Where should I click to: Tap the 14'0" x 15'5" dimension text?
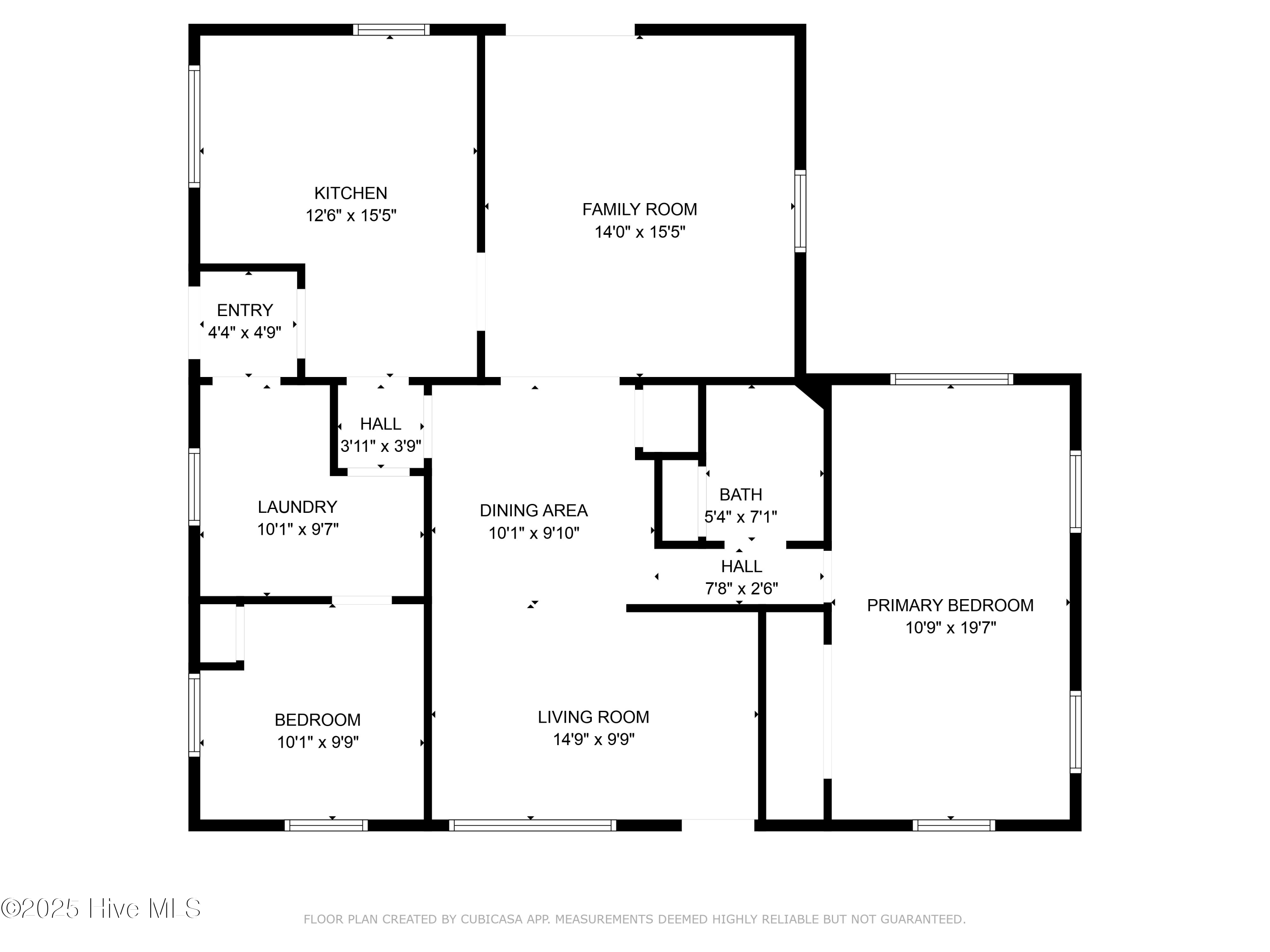pos(640,232)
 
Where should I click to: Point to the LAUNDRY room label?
pos(297,507)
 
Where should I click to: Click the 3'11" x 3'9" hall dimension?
pos(381,446)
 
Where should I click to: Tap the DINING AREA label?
pos(533,510)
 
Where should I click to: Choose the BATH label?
pos(741,494)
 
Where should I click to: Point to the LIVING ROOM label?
pos(593,717)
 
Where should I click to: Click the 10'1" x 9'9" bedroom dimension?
pos(317,743)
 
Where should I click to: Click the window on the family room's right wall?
pos(800,211)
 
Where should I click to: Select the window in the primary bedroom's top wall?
pos(951,379)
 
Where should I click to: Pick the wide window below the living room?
pos(532,825)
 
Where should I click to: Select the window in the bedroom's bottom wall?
pos(326,825)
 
